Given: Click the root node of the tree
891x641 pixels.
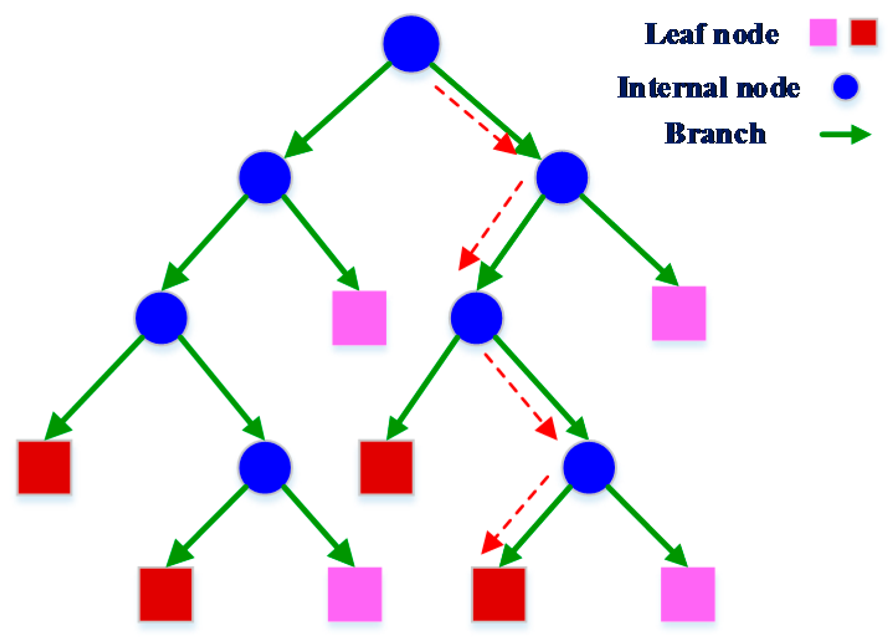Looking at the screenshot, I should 411,44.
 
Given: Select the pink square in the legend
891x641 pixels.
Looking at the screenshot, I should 823,32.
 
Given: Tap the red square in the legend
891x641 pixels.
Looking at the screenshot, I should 863,32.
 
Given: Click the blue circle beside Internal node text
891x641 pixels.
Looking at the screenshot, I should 845,87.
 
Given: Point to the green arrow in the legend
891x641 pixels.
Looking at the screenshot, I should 845,134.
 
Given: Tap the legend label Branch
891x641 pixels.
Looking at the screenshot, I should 715,134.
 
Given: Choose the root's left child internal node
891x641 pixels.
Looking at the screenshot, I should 265,178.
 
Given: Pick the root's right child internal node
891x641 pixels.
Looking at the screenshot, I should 562,178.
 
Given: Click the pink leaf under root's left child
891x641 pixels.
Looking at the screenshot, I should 359,317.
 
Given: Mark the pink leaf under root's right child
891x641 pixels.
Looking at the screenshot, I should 679,313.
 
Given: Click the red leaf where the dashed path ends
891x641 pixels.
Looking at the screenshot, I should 499,594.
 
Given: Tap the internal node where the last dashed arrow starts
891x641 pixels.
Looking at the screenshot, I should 589,467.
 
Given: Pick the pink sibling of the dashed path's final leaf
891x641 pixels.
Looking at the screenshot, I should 687,594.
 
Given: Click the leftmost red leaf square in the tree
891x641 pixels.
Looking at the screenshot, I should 44,467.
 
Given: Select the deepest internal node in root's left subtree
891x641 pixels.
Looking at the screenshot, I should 265,467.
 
